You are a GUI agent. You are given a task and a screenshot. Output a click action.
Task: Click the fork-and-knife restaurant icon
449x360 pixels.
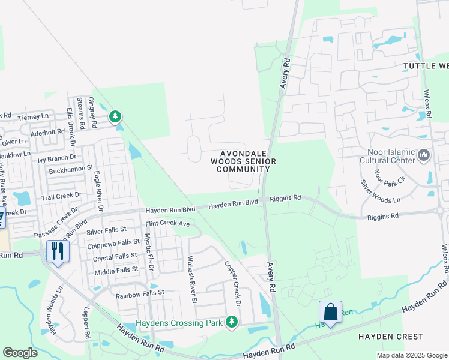click(x=58, y=251)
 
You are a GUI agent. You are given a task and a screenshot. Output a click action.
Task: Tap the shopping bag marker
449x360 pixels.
click(x=330, y=311)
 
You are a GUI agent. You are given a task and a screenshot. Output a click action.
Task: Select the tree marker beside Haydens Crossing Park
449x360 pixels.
click(x=232, y=323)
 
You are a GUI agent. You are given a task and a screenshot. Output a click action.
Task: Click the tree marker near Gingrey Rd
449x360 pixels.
click(x=115, y=116)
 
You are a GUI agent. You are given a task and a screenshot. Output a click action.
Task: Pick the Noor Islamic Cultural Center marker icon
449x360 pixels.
click(x=424, y=155)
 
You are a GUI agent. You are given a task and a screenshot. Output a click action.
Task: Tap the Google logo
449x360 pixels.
click(x=20, y=352)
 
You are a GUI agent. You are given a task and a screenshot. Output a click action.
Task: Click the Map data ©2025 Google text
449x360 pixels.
click(x=411, y=355)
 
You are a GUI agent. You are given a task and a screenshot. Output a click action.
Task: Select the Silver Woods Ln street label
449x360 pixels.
click(x=379, y=191)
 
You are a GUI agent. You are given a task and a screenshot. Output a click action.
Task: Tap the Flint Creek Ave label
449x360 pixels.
click(x=167, y=224)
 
